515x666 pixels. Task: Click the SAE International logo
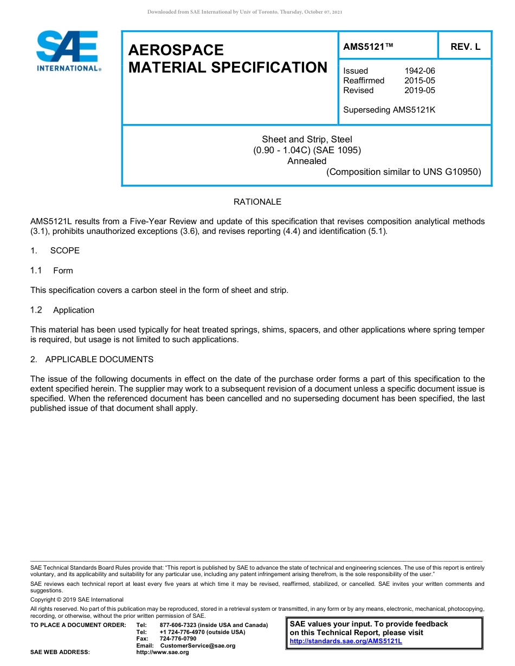67,51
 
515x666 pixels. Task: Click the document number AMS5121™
368,47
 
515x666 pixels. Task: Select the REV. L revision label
465,47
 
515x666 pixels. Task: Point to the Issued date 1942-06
420,71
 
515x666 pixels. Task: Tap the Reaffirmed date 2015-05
420,81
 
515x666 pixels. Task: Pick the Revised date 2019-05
420,90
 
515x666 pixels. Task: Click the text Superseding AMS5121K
389,110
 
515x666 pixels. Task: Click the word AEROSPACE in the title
176,50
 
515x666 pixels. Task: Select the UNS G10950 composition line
403,172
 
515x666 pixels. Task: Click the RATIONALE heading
257,202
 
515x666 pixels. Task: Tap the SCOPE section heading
65,251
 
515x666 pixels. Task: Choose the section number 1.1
36,271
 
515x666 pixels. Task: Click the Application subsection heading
74,310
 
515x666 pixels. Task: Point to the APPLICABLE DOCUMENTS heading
99,360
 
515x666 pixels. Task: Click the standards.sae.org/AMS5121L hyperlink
346,641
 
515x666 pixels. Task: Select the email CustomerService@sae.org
198,645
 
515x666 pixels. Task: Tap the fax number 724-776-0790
178,639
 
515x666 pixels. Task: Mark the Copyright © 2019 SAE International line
77,599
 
